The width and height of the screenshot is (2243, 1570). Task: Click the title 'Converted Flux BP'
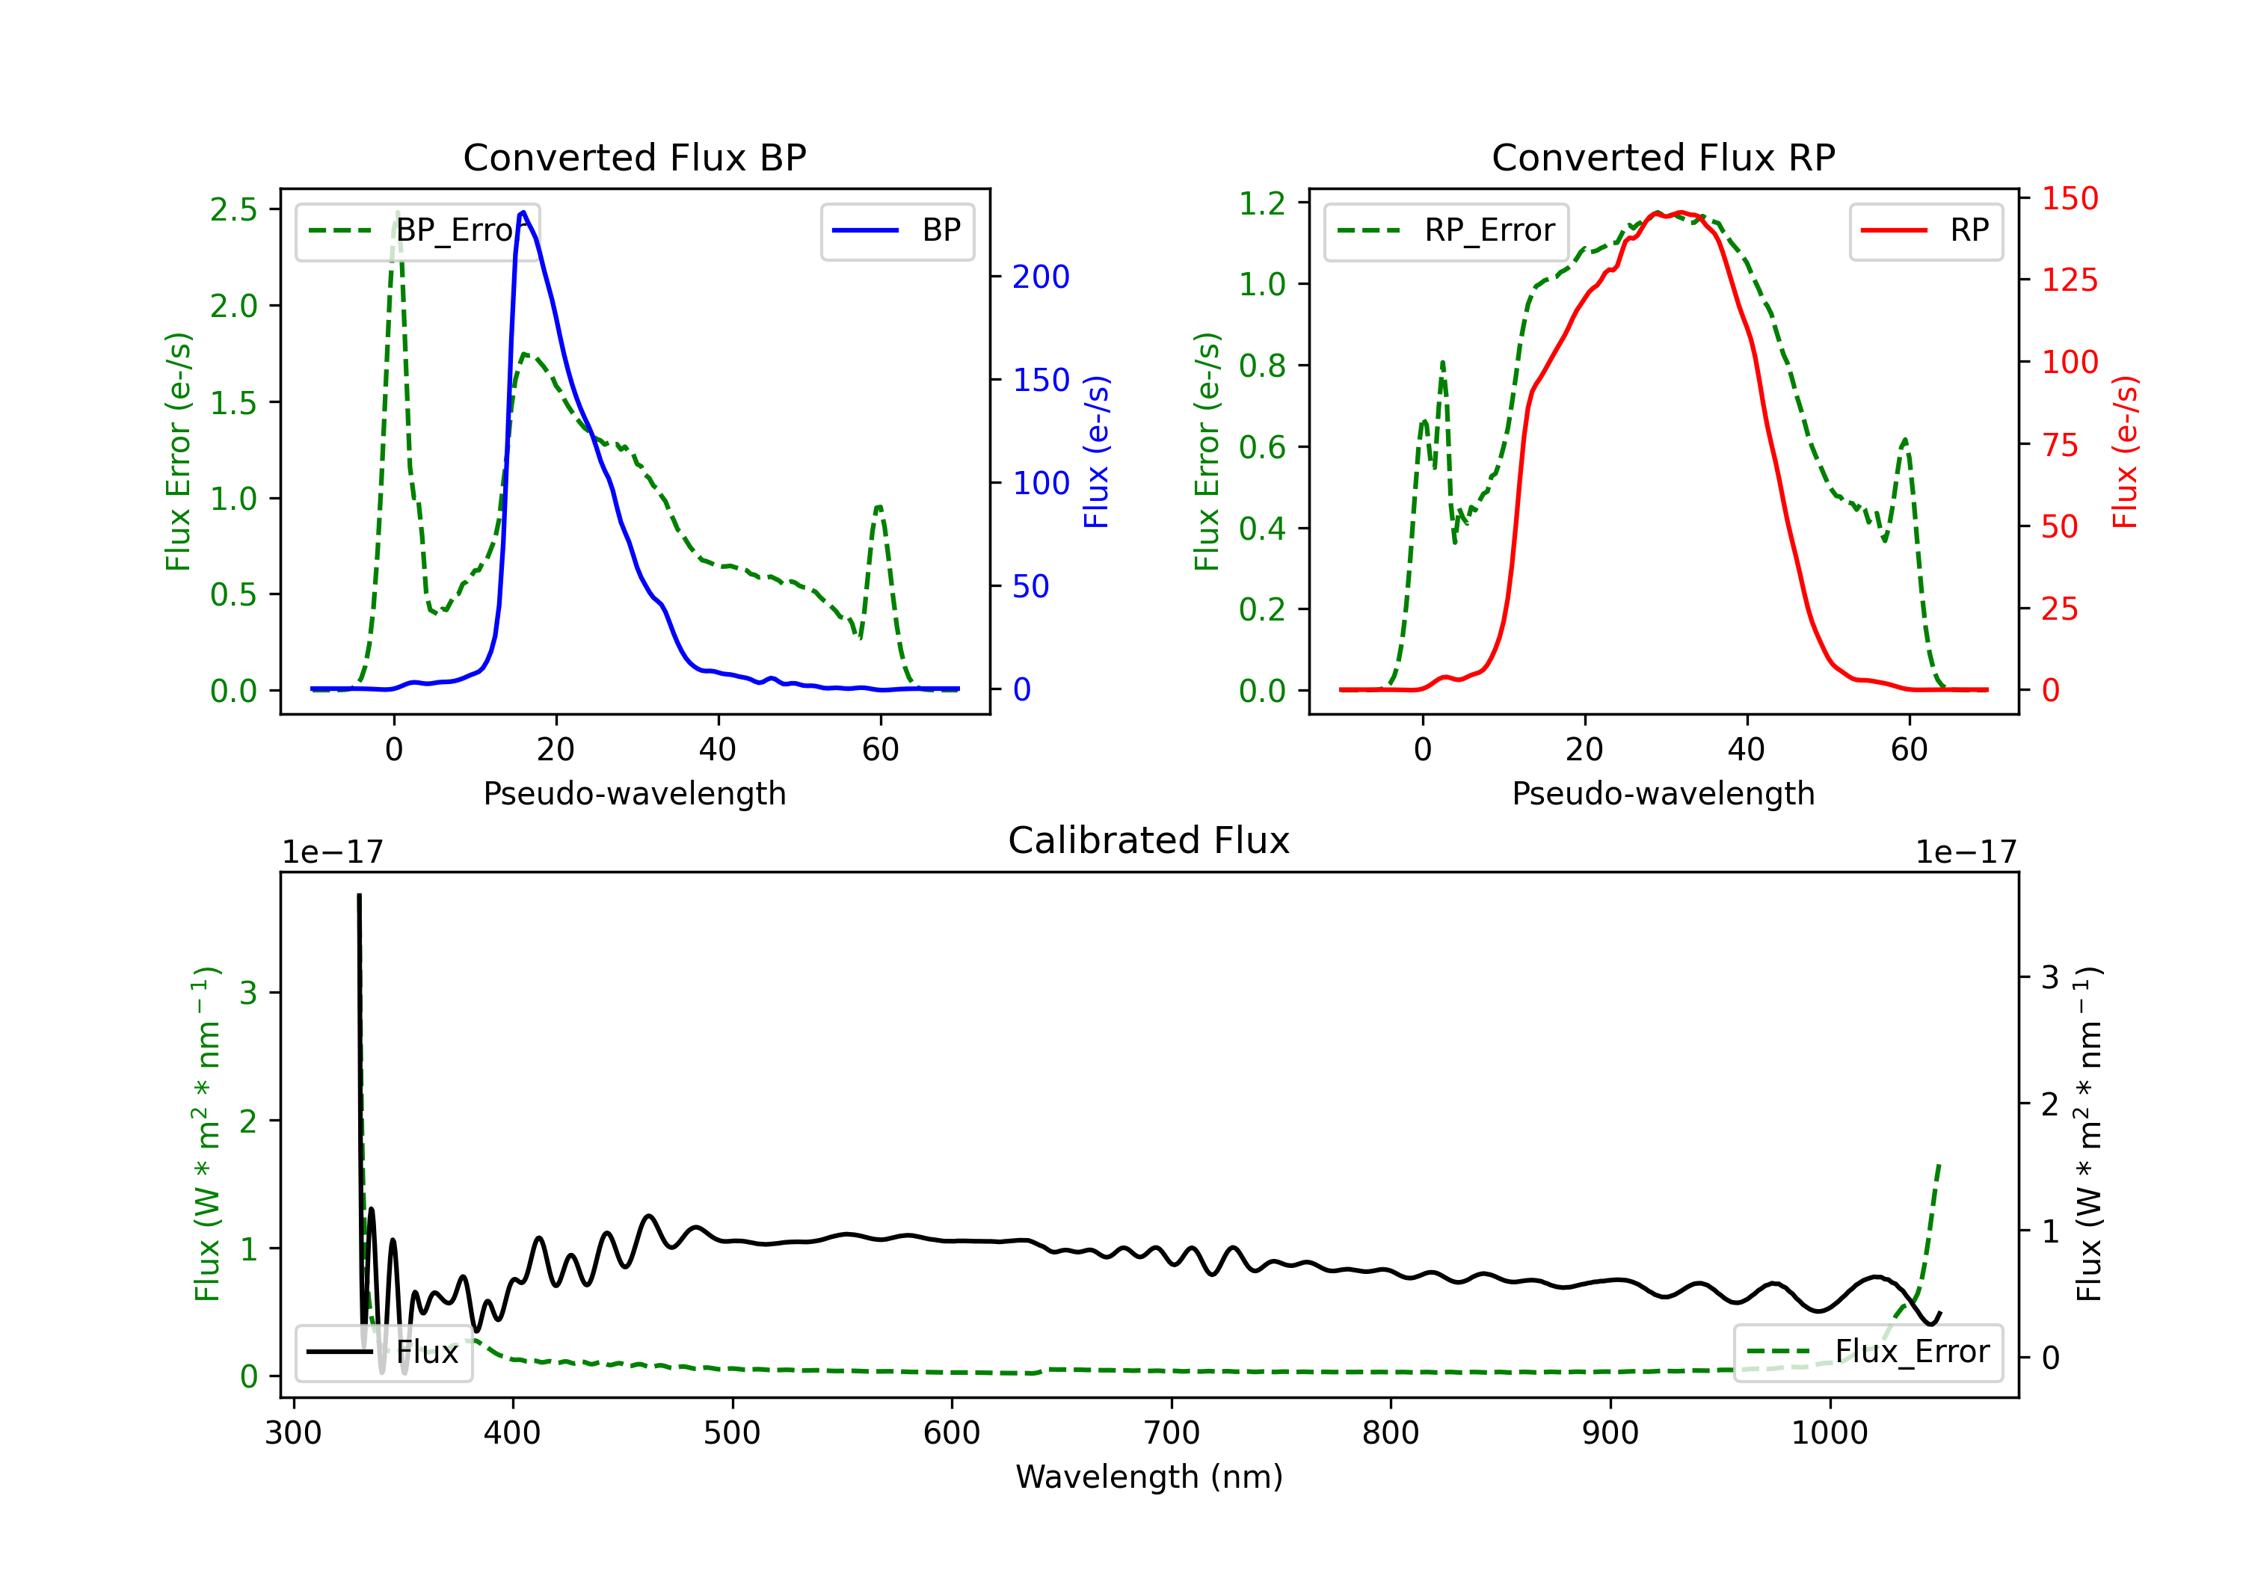pyautogui.click(x=634, y=157)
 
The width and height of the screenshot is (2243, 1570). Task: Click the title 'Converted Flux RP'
pyautogui.click(x=1663, y=157)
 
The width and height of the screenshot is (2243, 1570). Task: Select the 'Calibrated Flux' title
pyautogui.click(x=1149, y=840)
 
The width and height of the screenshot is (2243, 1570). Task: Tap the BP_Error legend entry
pyautogui.click(x=417, y=230)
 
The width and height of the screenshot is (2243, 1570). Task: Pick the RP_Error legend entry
pyautogui.click(x=1446, y=230)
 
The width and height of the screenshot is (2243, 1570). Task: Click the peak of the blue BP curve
pyautogui.click(x=523, y=212)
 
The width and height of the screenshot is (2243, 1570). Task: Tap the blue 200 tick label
pyautogui.click(x=1041, y=277)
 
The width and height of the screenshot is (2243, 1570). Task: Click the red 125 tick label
pyautogui.click(x=2069, y=280)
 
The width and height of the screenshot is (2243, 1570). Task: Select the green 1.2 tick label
pyautogui.click(x=1262, y=203)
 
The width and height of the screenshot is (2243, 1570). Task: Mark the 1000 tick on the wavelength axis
pyautogui.click(x=1830, y=1432)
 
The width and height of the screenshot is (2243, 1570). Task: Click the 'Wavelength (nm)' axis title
pyautogui.click(x=1149, y=1477)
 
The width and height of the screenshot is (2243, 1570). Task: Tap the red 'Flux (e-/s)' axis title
pyautogui.click(x=2125, y=452)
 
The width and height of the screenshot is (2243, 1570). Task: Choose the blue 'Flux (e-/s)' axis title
pyautogui.click(x=1096, y=452)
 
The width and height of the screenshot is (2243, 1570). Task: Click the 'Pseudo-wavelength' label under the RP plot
pyautogui.click(x=1663, y=793)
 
